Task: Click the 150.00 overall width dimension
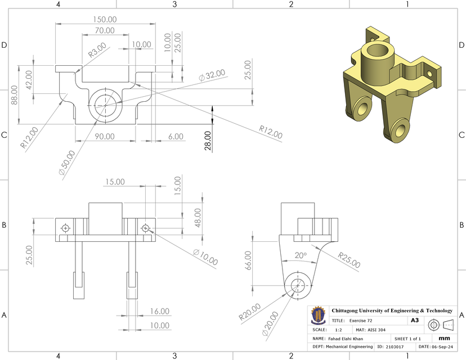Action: click(x=105, y=19)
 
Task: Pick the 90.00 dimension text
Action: click(x=104, y=136)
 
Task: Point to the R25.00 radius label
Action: click(x=349, y=260)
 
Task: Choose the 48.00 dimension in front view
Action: click(x=198, y=217)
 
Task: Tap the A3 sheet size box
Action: click(x=414, y=320)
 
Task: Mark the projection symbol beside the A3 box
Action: click(x=441, y=325)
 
